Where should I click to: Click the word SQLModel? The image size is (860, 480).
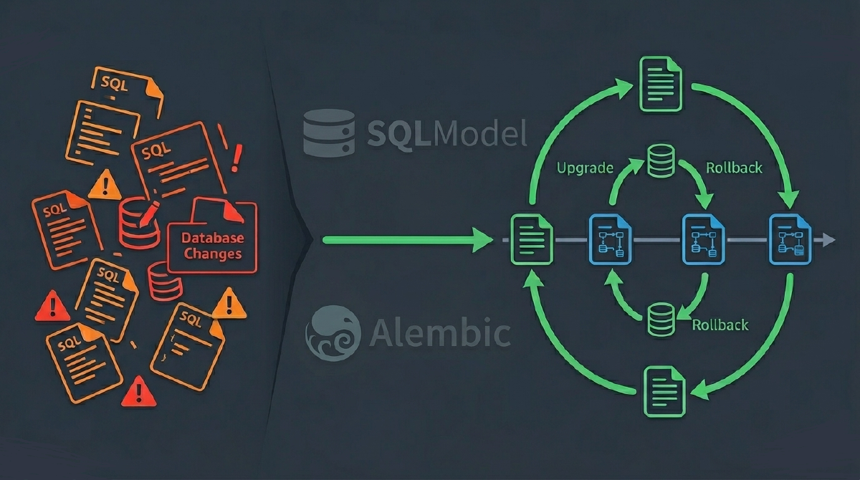click(x=447, y=133)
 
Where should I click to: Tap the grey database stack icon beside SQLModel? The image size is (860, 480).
click(x=329, y=133)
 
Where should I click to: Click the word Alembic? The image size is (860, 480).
click(x=440, y=333)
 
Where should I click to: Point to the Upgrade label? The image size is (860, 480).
click(x=585, y=168)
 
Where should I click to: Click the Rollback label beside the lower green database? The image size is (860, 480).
click(x=720, y=325)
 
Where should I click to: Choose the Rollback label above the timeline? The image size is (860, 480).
click(x=734, y=168)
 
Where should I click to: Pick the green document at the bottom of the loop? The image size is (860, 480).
click(x=665, y=390)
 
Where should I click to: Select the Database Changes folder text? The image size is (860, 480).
click(x=212, y=246)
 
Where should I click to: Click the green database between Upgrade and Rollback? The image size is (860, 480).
click(x=660, y=161)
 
